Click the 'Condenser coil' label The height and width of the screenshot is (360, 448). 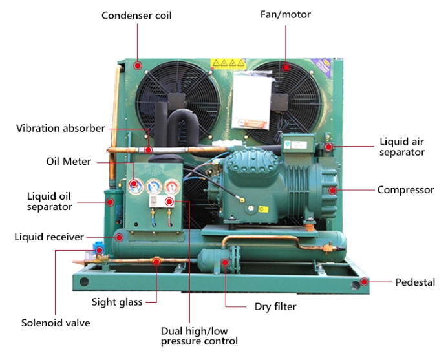pyautogui.click(x=136, y=15)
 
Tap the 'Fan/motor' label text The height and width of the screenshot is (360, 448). pyautogui.click(x=285, y=15)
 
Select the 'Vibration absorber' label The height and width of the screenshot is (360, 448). pyautogui.click(x=60, y=128)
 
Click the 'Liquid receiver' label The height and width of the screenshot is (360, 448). pyautogui.click(x=49, y=237)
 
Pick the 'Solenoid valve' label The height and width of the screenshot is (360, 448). pyautogui.click(x=56, y=323)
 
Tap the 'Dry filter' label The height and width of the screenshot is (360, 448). pyautogui.click(x=272, y=307)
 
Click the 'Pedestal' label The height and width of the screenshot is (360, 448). pyautogui.click(x=414, y=282)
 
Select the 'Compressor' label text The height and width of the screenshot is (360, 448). pyautogui.click(x=405, y=190)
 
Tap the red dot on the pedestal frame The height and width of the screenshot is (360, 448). pyautogui.click(x=364, y=282)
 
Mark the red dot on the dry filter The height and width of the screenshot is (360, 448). pyautogui.click(x=225, y=262)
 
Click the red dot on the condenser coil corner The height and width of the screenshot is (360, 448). pyautogui.click(x=137, y=65)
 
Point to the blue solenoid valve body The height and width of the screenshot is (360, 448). pyautogui.click(x=100, y=248)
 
